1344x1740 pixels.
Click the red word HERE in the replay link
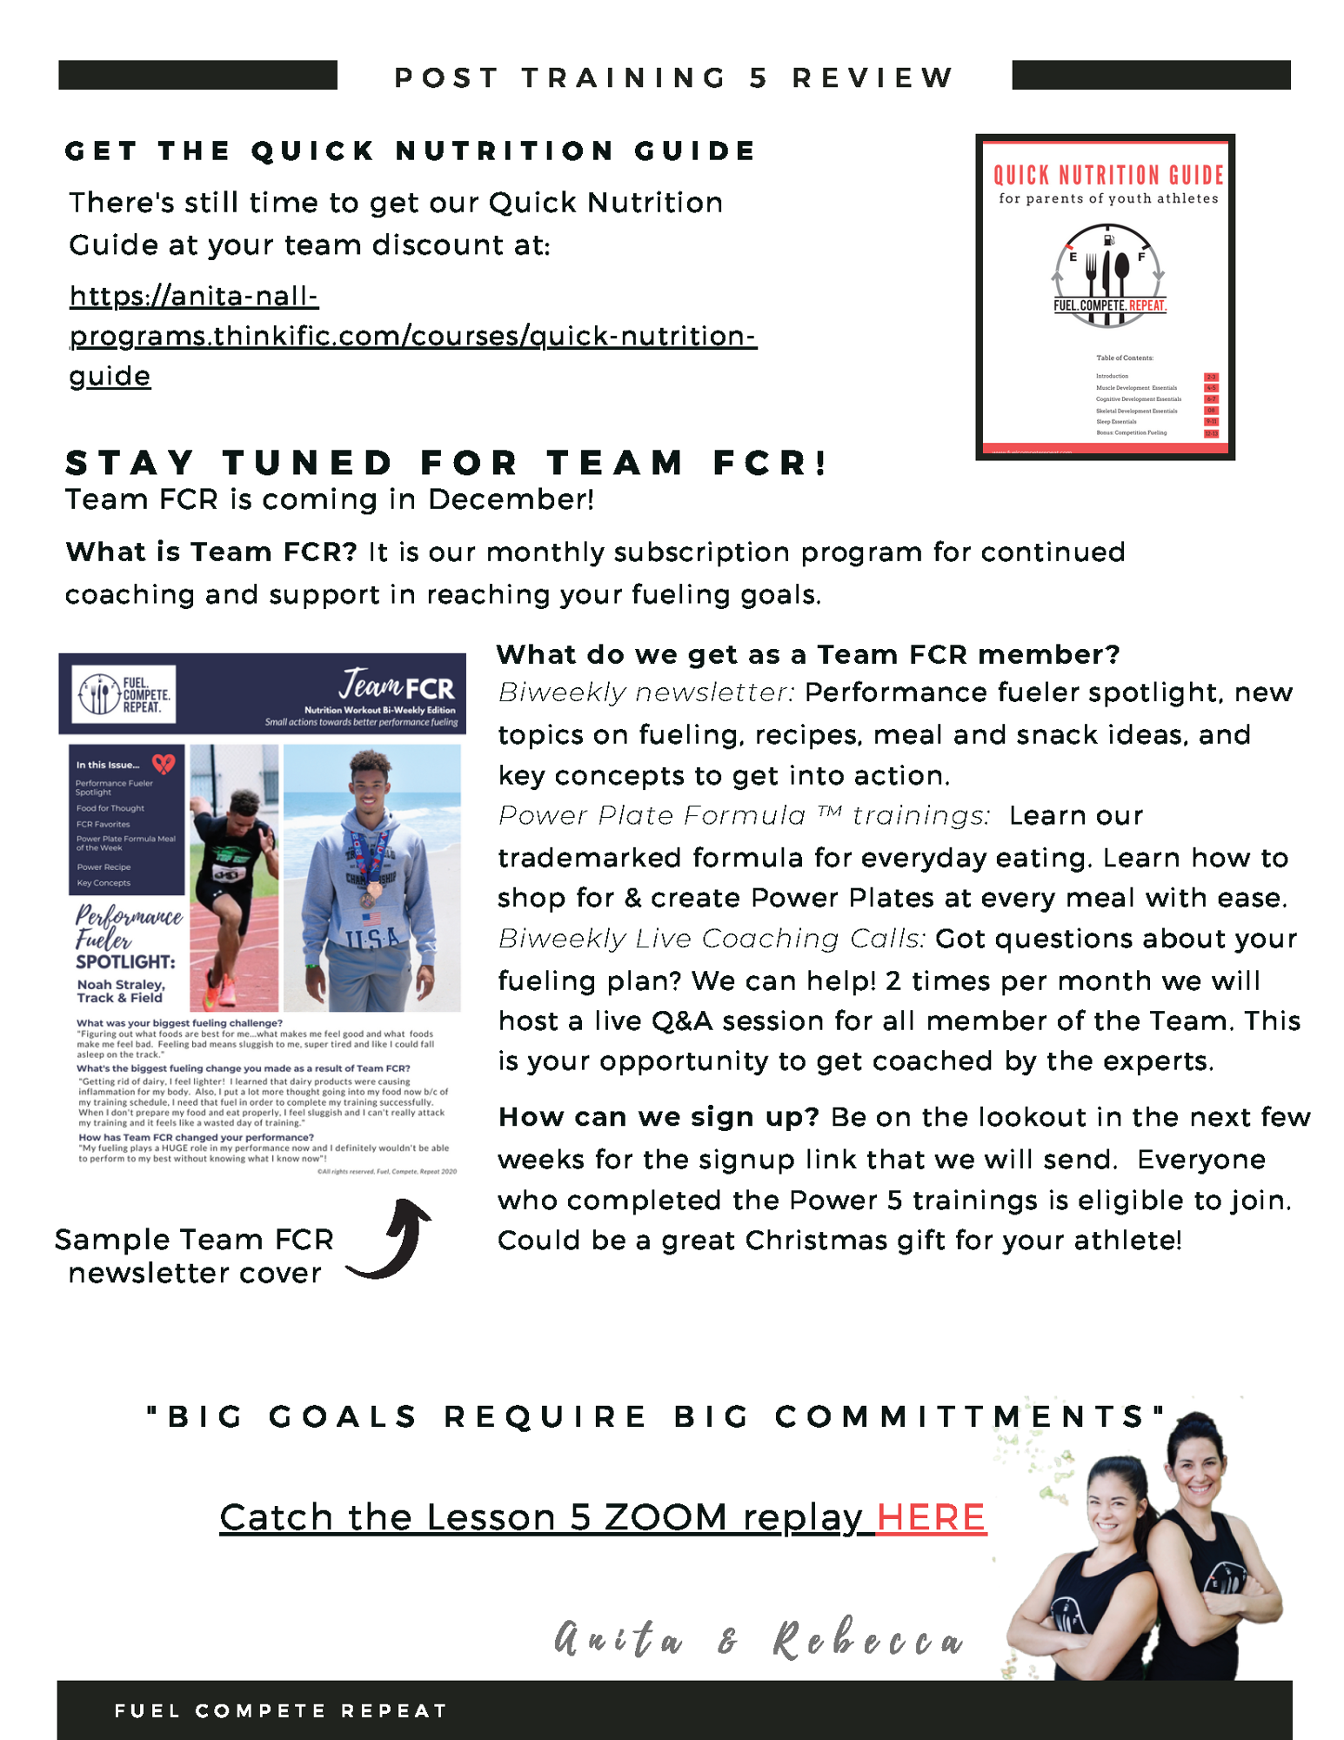click(x=930, y=1517)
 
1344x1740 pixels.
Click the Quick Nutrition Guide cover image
click(x=1105, y=297)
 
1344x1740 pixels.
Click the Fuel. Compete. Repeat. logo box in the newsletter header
click(x=124, y=694)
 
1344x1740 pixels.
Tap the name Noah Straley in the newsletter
click(x=120, y=985)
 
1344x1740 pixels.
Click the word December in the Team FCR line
click(x=509, y=499)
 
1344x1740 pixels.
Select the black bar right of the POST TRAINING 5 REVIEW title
click(x=1150, y=75)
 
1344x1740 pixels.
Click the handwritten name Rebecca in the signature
click(x=868, y=1640)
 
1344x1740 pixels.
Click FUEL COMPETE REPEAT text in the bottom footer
click(x=280, y=1710)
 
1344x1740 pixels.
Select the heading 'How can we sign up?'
click(x=658, y=1117)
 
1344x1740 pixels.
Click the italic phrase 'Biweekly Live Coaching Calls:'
click(x=712, y=939)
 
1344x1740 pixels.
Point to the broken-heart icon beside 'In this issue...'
click(x=163, y=764)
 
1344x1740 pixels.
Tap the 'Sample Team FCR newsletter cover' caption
click(x=194, y=1255)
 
